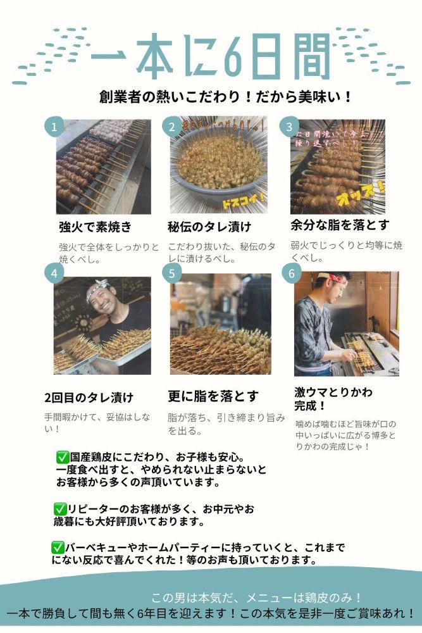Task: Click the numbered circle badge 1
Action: pos(54,127)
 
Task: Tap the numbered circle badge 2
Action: pos(171,127)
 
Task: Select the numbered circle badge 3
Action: pos(289,127)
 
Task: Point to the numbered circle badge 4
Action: pos(54,273)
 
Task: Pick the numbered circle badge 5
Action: pos(171,273)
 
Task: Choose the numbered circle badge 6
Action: pos(292,273)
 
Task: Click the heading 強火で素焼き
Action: pos(95,227)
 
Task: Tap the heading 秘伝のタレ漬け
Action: pos(209,227)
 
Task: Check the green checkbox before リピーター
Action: pos(60,508)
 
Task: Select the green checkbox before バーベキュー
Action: pos(58,547)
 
